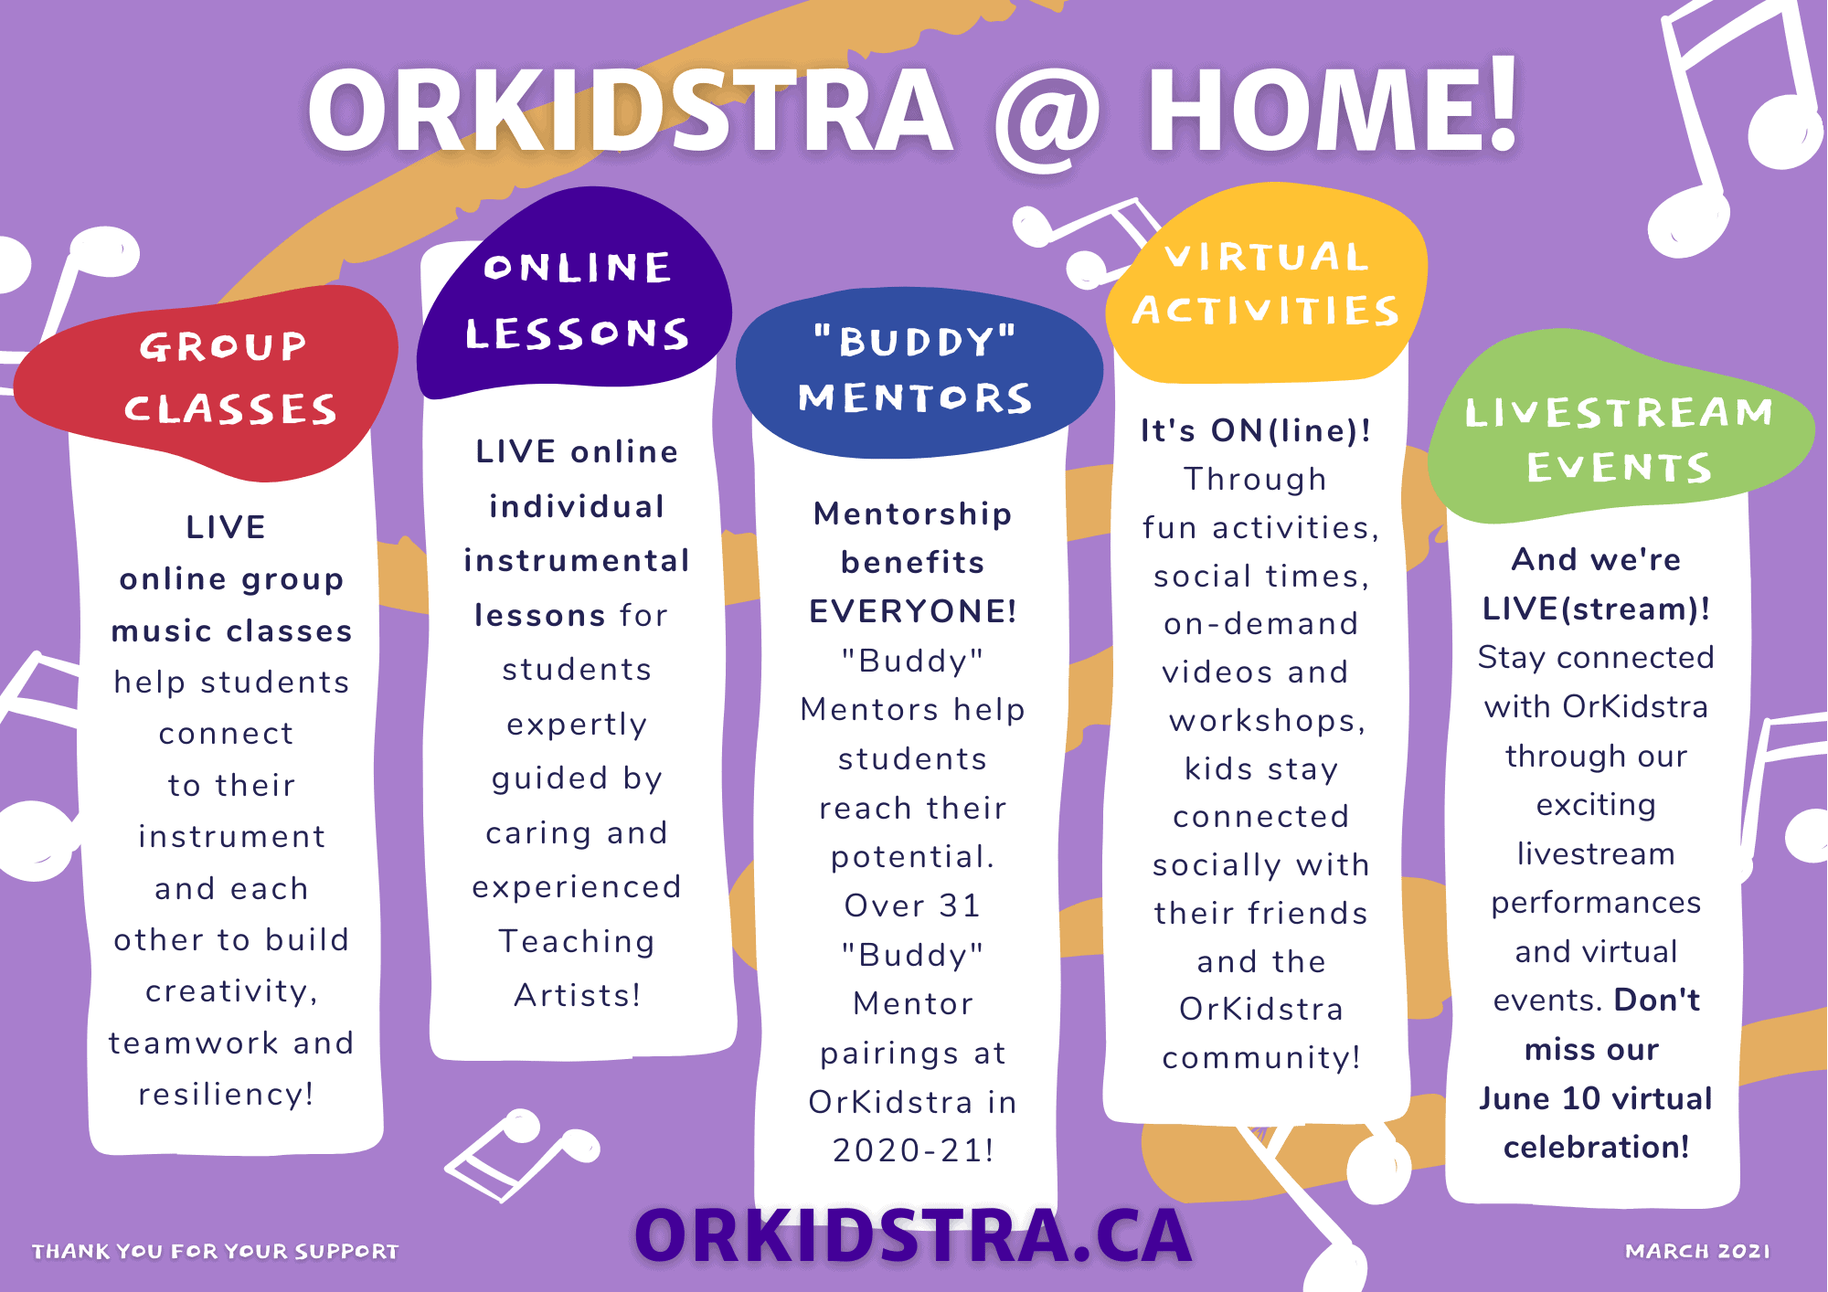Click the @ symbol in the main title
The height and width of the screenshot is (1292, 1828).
pyautogui.click(x=1047, y=116)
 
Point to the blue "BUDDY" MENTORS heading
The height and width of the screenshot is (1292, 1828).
pyautogui.click(x=919, y=373)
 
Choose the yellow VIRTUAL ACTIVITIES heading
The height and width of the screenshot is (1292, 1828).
pyautogui.click(x=1267, y=283)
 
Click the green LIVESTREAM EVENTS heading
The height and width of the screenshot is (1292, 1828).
pyautogui.click(x=1619, y=429)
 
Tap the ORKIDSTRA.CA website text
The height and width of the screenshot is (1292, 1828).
pyautogui.click(x=913, y=1236)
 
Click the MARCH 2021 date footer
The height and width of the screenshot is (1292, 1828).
pyautogui.click(x=1697, y=1251)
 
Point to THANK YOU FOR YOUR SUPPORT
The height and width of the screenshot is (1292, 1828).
pyautogui.click(x=216, y=1251)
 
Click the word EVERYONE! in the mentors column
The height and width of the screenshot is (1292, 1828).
pyautogui.click(x=913, y=611)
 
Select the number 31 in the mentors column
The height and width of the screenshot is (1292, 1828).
pyautogui.click(x=959, y=905)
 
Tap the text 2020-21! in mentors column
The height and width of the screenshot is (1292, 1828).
pyautogui.click(x=913, y=1150)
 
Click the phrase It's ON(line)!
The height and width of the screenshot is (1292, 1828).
pyautogui.click(x=1256, y=430)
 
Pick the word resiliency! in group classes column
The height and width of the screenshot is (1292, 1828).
pyautogui.click(x=226, y=1095)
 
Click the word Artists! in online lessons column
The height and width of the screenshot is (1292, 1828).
pyautogui.click(x=578, y=995)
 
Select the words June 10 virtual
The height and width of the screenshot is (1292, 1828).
pyautogui.click(x=1596, y=1098)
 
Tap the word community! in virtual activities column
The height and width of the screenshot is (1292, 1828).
pyautogui.click(x=1261, y=1058)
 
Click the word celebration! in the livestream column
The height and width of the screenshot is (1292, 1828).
pyautogui.click(x=1596, y=1148)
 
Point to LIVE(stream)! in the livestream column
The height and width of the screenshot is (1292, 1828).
pyautogui.click(x=1596, y=609)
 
